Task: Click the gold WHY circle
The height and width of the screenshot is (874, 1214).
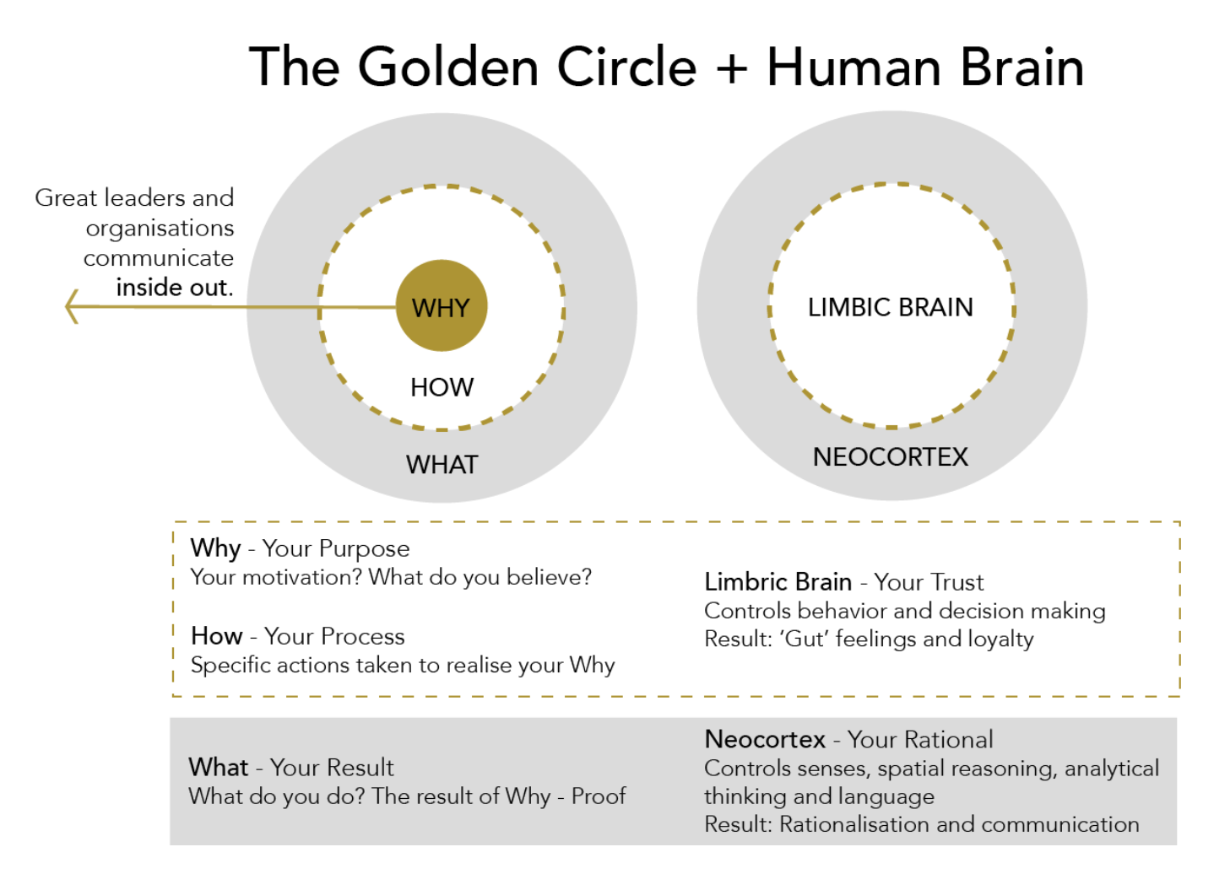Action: coord(442,305)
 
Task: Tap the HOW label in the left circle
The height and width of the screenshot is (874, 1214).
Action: coord(442,387)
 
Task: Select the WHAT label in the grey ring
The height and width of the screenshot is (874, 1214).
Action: coord(442,465)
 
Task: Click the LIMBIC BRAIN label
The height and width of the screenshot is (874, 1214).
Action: coord(890,307)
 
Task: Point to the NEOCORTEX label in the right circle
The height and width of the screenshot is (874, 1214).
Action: coord(890,457)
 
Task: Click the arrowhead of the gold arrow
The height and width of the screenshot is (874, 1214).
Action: coord(73,306)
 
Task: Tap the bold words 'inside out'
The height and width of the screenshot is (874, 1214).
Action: coord(173,288)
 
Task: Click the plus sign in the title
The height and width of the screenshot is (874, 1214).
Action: coord(731,67)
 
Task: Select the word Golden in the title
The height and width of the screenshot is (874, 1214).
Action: coord(448,67)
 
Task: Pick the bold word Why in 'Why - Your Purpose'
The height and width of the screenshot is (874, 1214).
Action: coord(215,548)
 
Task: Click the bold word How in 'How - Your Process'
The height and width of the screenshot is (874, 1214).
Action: coord(217,636)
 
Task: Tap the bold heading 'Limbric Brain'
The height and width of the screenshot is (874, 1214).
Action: coord(778,582)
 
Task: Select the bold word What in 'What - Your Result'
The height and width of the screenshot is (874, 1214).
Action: coord(219,767)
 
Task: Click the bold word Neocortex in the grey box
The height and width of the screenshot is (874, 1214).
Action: coord(765,740)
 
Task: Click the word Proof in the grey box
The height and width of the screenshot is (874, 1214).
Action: coord(599,796)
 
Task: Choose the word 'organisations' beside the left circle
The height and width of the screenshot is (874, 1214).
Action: coord(160,228)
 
